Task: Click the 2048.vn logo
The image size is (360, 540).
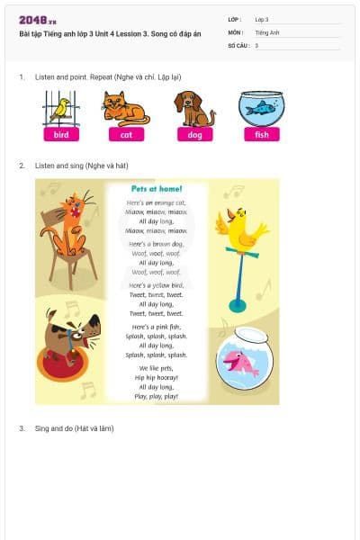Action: [39, 20]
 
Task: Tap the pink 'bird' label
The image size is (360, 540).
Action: [61, 135]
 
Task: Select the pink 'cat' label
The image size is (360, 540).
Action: [126, 135]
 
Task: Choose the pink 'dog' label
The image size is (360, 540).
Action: [194, 135]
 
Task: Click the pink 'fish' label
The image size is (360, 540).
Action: [261, 135]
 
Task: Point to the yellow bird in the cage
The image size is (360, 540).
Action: [61, 109]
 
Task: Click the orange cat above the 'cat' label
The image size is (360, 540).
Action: [125, 108]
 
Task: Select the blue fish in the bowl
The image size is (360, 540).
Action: [262, 108]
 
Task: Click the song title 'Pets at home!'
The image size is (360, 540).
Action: [157, 189]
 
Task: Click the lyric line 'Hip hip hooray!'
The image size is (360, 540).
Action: [157, 378]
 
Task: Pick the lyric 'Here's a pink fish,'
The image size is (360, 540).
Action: [157, 327]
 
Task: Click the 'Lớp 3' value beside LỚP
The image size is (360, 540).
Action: [262, 19]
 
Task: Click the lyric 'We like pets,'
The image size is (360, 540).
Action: [157, 369]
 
